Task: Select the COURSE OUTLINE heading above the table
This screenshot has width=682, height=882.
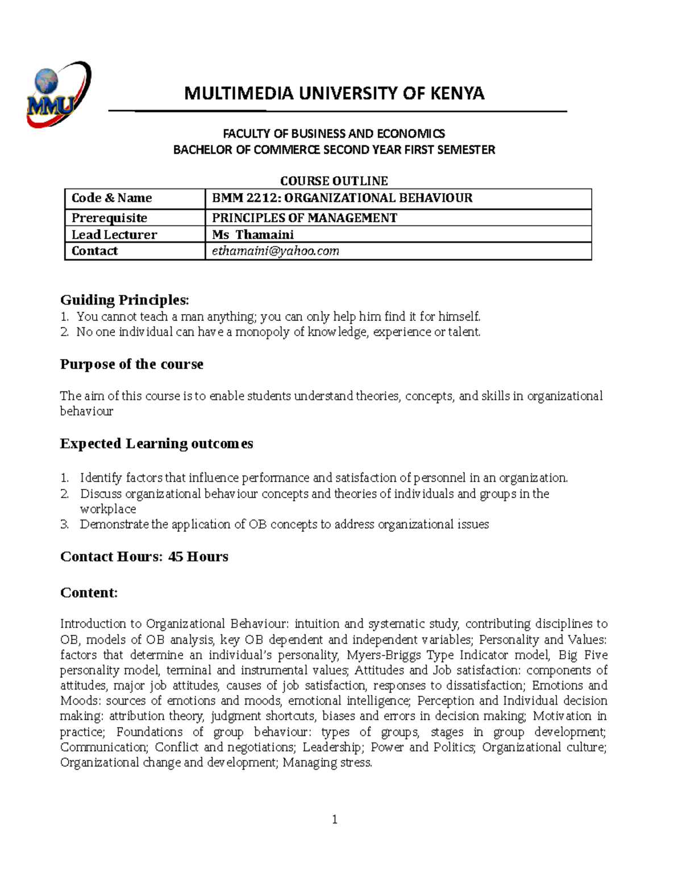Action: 334,181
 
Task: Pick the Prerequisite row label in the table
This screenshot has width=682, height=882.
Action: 109,218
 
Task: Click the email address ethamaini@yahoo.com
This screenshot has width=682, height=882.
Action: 275,251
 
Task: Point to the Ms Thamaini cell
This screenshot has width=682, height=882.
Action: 253,235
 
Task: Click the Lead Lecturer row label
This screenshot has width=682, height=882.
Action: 114,235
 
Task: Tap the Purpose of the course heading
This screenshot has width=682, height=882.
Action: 131,364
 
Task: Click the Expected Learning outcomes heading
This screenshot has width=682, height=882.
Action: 156,444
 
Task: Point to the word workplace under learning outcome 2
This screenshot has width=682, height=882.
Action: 108,509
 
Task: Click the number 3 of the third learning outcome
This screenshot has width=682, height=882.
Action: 64,524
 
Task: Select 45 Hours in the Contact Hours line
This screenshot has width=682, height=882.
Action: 198,557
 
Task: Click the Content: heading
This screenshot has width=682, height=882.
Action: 89,593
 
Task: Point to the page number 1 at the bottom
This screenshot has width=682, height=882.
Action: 335,819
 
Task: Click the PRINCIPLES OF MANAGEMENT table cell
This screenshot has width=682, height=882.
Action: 305,218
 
